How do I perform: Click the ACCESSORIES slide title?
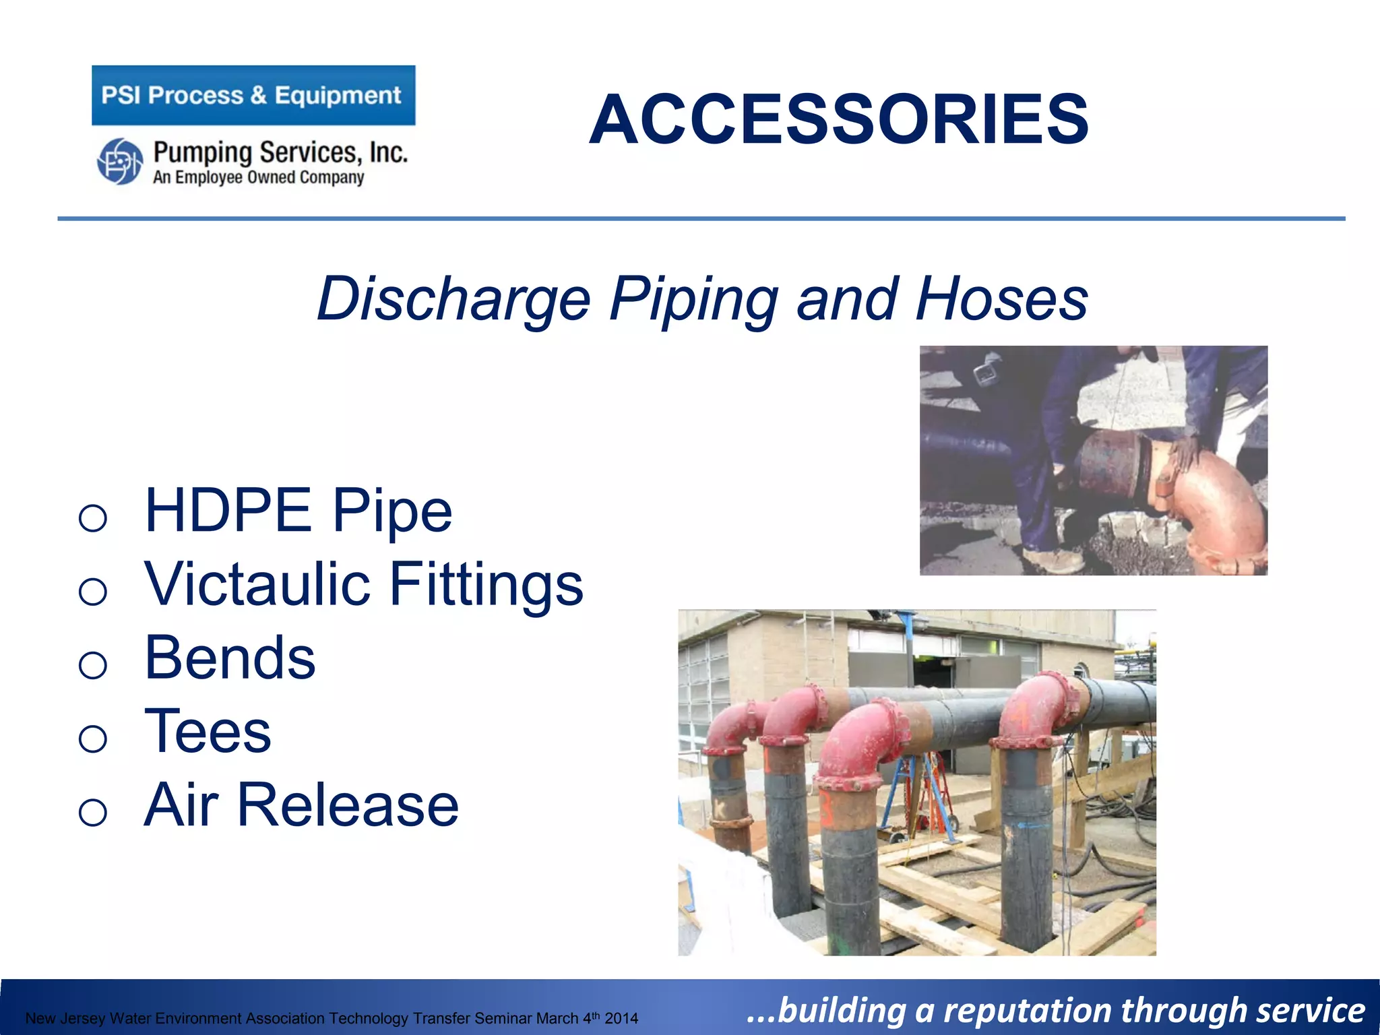pos(838,120)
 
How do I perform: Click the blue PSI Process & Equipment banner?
pos(253,95)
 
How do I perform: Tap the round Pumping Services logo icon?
pos(120,162)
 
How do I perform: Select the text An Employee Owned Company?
pos(258,178)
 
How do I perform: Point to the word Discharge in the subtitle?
pos(453,299)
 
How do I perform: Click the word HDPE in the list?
pos(228,511)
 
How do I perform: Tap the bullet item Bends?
pos(230,658)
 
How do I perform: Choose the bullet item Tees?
pos(208,732)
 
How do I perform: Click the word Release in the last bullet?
pos(348,805)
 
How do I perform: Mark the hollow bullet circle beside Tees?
pos(93,739)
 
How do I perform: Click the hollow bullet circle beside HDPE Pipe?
pos(93,517)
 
